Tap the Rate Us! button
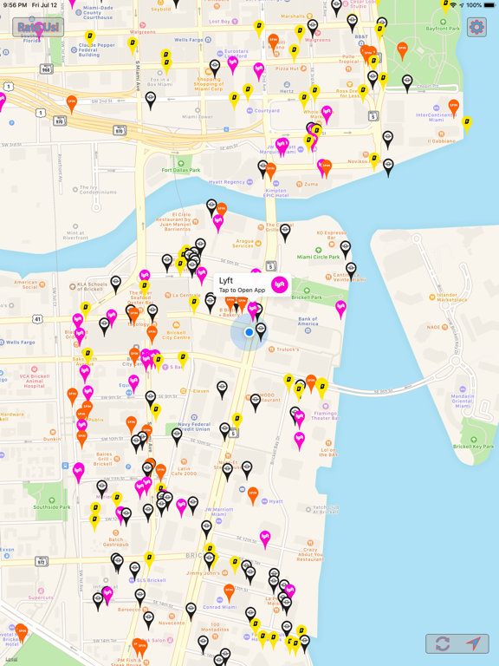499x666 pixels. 38,28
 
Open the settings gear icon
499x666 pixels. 476,28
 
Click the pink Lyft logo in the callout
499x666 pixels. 279,284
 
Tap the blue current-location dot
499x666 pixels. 249,332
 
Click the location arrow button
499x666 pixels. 473,643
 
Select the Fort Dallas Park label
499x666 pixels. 180,170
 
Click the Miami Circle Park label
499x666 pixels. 319,257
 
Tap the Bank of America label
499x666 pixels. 308,323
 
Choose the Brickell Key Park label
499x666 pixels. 473,446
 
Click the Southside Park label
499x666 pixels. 52,506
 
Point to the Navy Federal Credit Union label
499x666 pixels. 191,426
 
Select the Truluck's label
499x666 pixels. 288,349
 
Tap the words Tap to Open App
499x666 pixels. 242,290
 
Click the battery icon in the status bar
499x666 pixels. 488,5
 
